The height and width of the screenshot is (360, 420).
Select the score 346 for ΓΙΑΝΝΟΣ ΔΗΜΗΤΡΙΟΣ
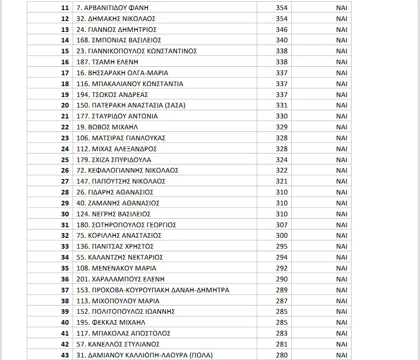[x=282, y=29]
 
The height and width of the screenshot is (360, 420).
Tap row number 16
[x=65, y=62]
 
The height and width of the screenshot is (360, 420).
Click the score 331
[x=282, y=105]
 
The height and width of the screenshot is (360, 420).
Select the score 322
[x=282, y=171]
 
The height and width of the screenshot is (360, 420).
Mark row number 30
[x=65, y=214]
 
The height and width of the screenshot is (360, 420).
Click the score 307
[x=282, y=225]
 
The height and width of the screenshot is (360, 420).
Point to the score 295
[x=282, y=247]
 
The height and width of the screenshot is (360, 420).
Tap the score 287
[x=282, y=301]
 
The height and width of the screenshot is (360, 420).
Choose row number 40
[x=65, y=323]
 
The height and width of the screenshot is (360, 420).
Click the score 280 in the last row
[x=282, y=355]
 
